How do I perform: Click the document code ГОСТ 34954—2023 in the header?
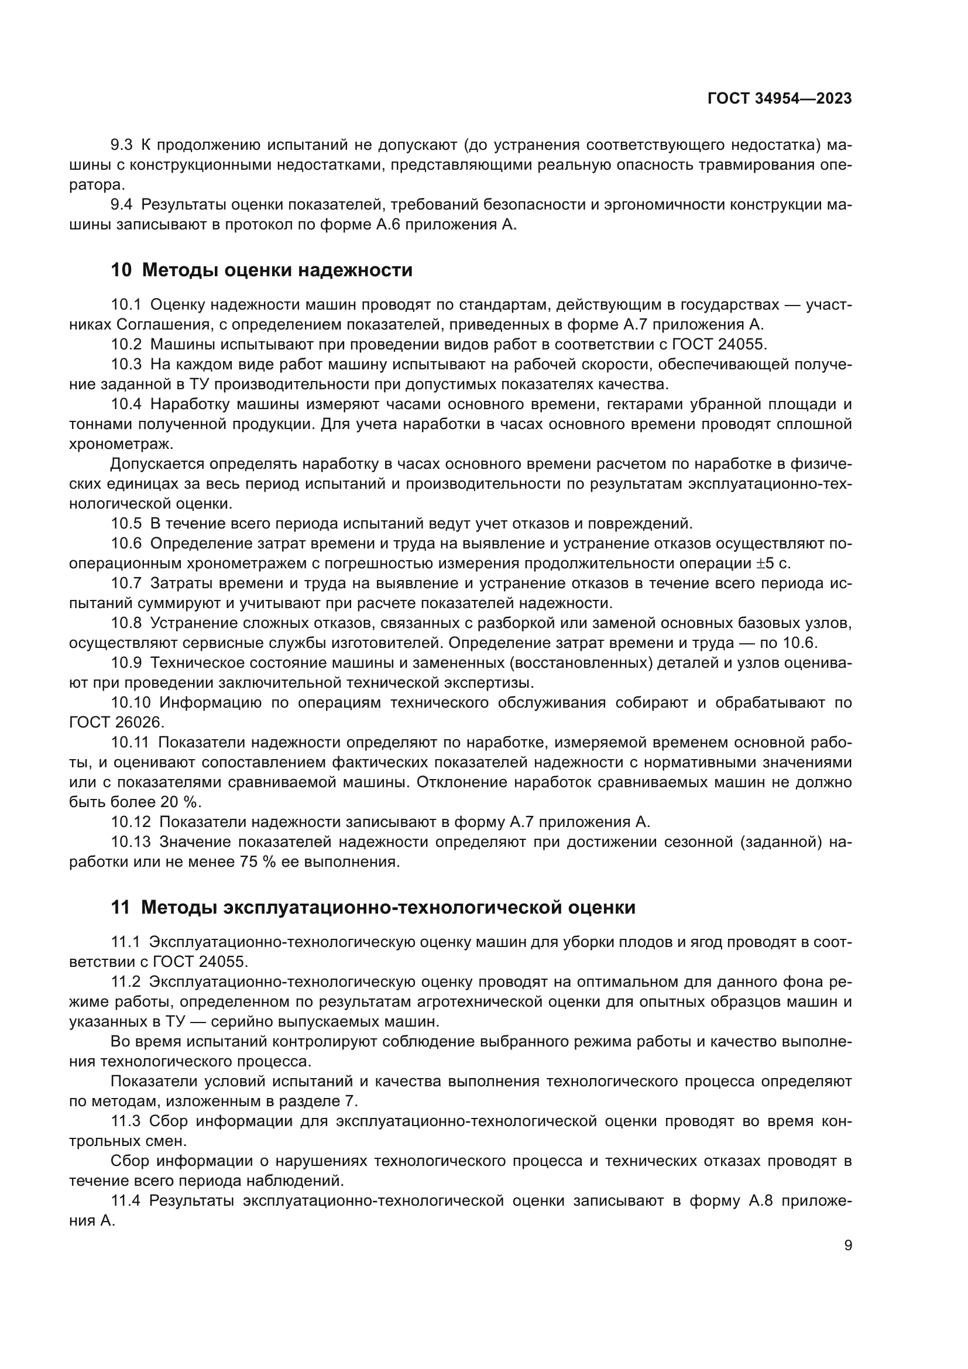click(x=779, y=99)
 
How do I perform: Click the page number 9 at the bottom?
click(x=847, y=1246)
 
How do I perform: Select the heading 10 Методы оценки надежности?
click(x=261, y=270)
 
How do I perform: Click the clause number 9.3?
click(x=122, y=145)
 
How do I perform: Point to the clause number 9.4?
click(x=122, y=204)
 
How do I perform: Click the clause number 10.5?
click(x=126, y=523)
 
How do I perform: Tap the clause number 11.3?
click(x=125, y=1121)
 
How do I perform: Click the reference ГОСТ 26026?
click(x=116, y=723)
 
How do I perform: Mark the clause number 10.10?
click(x=130, y=702)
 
